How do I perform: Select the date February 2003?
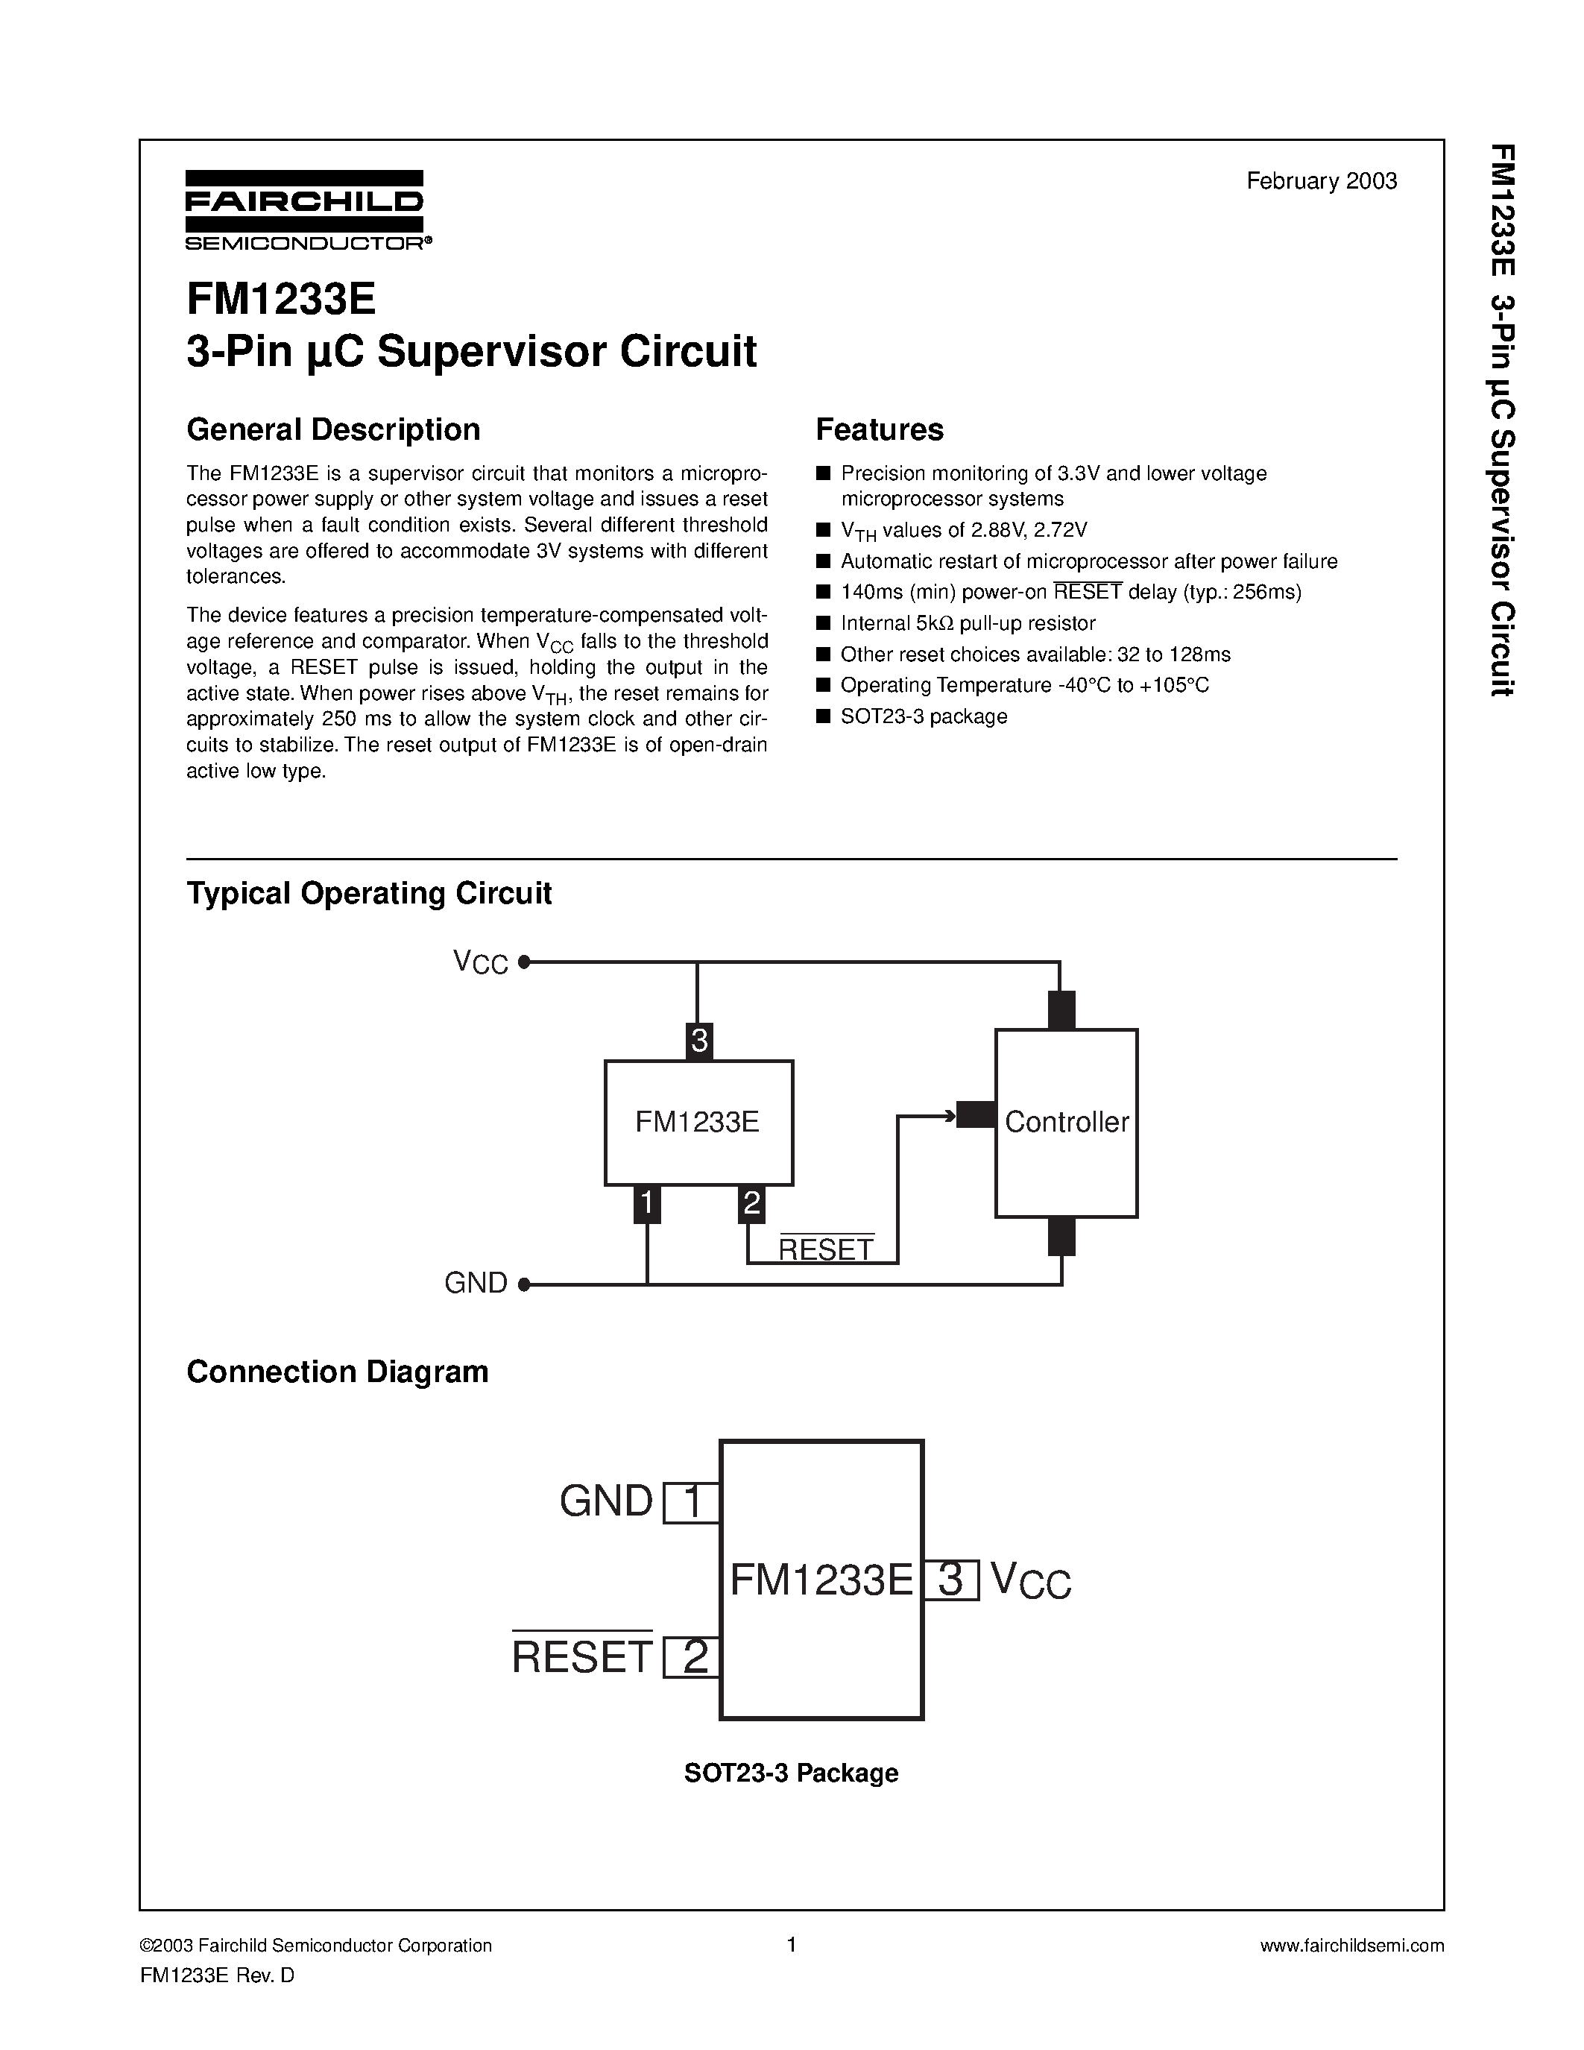pos(1322,181)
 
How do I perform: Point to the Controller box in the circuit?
pos(1066,1123)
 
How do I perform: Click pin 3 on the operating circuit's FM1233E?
pos(699,1041)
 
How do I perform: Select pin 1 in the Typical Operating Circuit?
pos(646,1204)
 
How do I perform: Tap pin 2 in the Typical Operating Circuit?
pos(751,1204)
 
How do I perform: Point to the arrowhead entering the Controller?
pos(949,1116)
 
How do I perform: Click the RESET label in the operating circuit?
pos(826,1249)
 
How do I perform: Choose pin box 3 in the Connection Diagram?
pos(952,1580)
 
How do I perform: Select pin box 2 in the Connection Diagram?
pos(692,1656)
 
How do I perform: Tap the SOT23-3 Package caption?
pos(791,1773)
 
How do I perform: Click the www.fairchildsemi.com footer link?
pos(1351,1946)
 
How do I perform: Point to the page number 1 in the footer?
pos(791,1945)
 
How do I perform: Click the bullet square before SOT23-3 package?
pos(823,717)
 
